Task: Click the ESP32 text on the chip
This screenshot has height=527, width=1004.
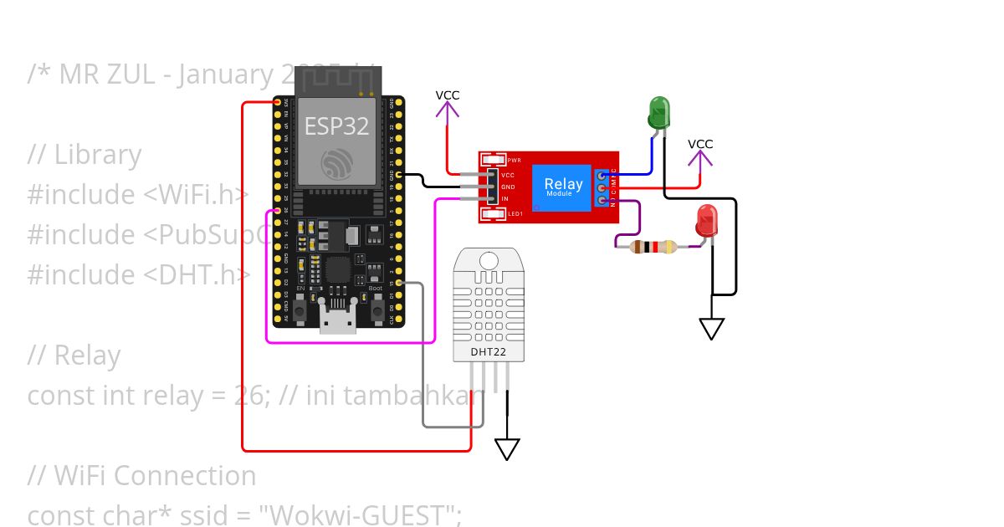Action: tap(336, 126)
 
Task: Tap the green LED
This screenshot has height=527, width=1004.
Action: tap(658, 112)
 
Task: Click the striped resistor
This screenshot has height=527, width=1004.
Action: tap(653, 247)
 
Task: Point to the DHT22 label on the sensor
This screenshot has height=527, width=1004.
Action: tap(488, 352)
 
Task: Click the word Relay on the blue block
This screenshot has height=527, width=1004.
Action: tap(563, 184)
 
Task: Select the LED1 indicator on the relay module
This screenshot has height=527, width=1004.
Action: tap(494, 214)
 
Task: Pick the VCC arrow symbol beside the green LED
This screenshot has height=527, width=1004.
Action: tap(700, 156)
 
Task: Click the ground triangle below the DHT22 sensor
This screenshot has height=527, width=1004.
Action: tap(507, 449)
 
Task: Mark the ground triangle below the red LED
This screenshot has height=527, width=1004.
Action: tap(711, 329)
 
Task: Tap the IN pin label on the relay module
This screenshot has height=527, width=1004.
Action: tap(505, 199)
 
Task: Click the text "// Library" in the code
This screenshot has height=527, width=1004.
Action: tap(84, 155)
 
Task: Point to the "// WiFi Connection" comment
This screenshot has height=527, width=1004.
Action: tap(141, 475)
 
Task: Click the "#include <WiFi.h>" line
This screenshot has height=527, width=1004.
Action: tap(138, 195)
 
